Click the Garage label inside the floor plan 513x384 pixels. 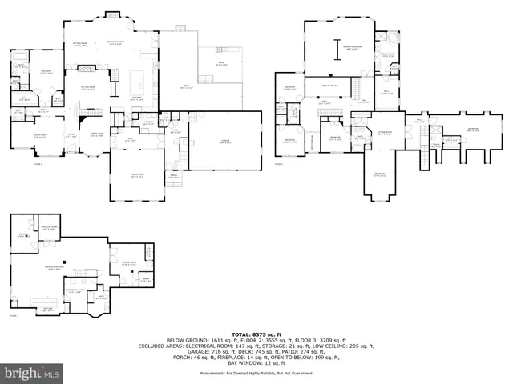225,142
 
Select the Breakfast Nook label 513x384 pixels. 102,42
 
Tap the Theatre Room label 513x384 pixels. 128,262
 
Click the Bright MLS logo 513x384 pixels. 32,373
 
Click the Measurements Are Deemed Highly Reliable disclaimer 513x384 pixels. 256,374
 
